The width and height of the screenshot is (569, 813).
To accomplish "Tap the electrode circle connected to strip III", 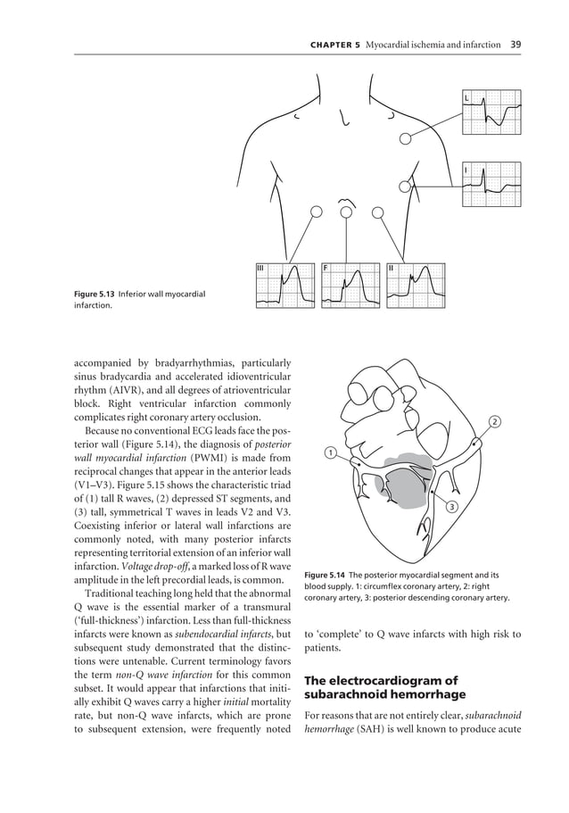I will click(315, 212).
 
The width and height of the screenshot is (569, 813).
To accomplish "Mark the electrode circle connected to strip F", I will click(346, 212).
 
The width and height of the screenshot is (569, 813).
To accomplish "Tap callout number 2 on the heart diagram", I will click(496, 420).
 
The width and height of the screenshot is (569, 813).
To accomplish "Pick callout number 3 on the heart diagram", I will click(451, 507).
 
